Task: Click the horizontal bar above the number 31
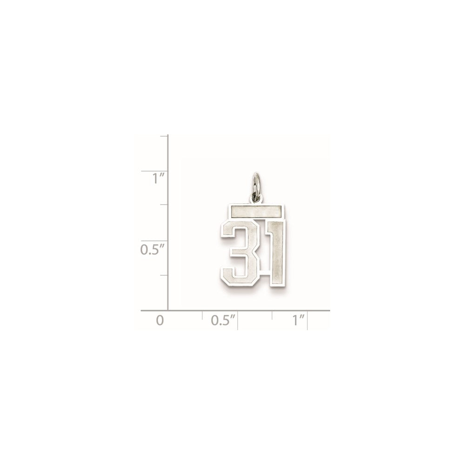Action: tap(255, 212)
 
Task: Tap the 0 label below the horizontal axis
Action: tap(160, 320)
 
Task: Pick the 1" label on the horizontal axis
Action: tap(298, 320)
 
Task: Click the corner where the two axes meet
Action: tap(167, 310)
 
